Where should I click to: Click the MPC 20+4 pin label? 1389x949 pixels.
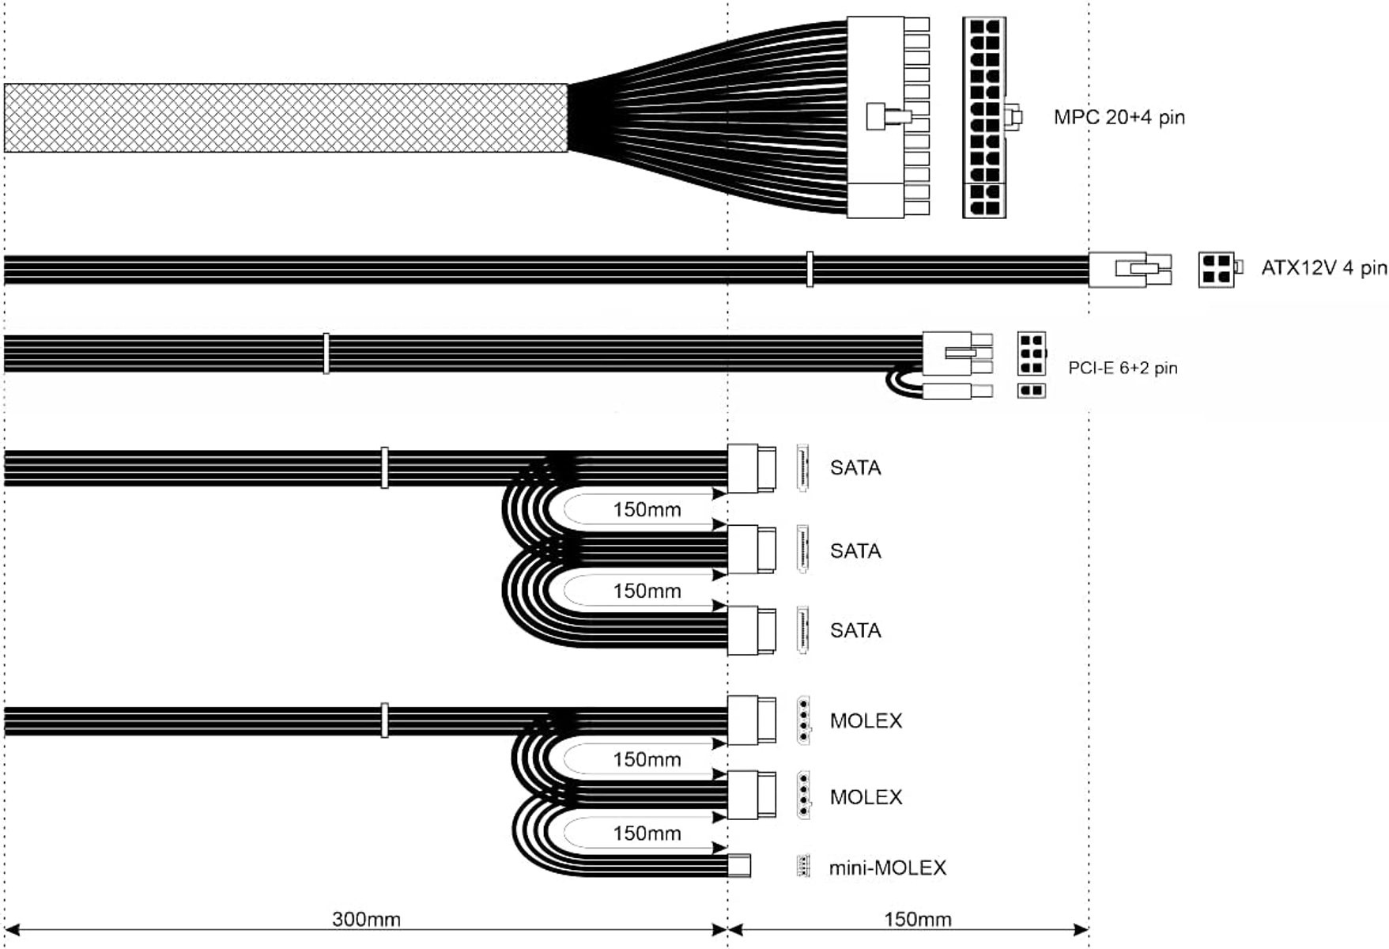[1119, 117]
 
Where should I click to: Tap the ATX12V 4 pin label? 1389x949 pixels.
[1323, 268]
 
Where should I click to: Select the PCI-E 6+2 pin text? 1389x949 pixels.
[1123, 368]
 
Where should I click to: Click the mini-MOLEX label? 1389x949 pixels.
[887, 868]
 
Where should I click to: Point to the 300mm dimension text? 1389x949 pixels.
[366, 919]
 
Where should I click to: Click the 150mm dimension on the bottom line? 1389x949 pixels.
[917, 919]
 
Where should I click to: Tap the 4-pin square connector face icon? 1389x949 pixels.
[1216, 270]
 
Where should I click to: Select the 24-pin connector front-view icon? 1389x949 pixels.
[984, 117]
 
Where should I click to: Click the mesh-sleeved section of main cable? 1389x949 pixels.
[285, 118]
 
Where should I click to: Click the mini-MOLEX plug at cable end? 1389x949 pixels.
[738, 866]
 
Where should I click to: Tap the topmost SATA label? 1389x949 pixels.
[855, 467]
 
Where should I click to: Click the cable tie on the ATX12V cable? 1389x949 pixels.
[809, 269]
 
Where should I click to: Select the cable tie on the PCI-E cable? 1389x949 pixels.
[326, 353]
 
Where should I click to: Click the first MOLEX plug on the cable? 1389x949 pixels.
[750, 720]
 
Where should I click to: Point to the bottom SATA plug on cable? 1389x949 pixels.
[750, 630]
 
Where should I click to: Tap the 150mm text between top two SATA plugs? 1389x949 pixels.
[647, 509]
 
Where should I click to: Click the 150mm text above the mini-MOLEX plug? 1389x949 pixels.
[647, 834]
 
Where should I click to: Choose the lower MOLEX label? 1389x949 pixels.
[866, 796]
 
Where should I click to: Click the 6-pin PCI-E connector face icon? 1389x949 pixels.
[1031, 354]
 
